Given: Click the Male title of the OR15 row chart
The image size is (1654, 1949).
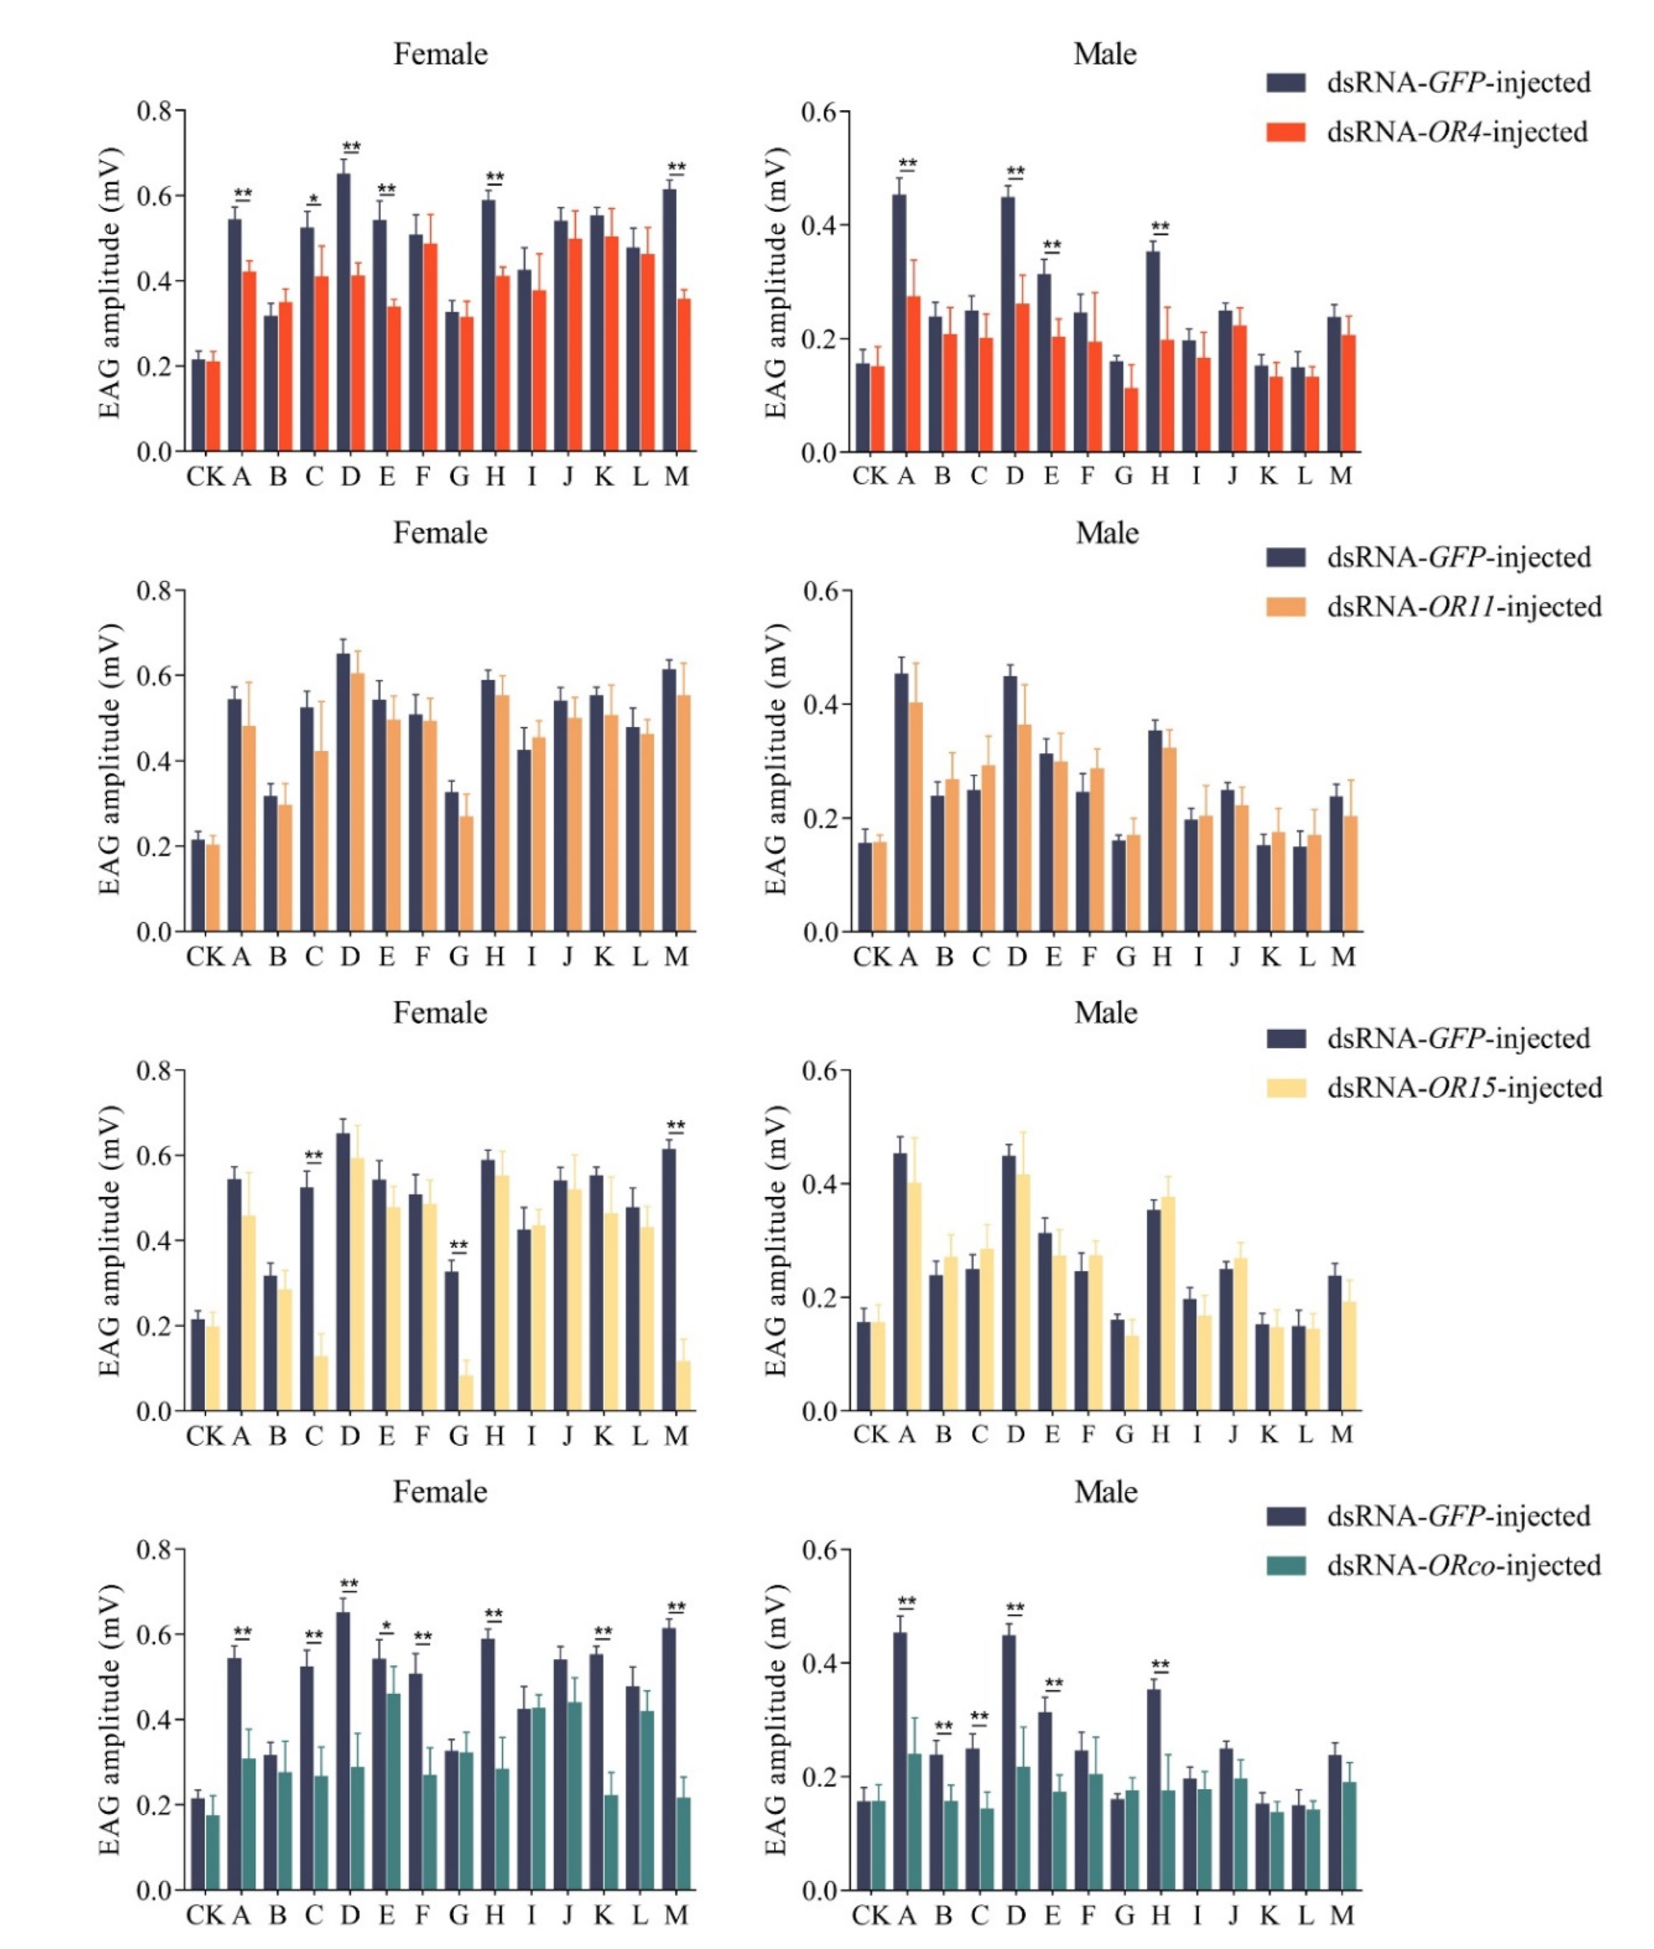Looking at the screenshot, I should coord(1105,1013).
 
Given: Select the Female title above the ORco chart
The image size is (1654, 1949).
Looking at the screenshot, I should coord(440,1492).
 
